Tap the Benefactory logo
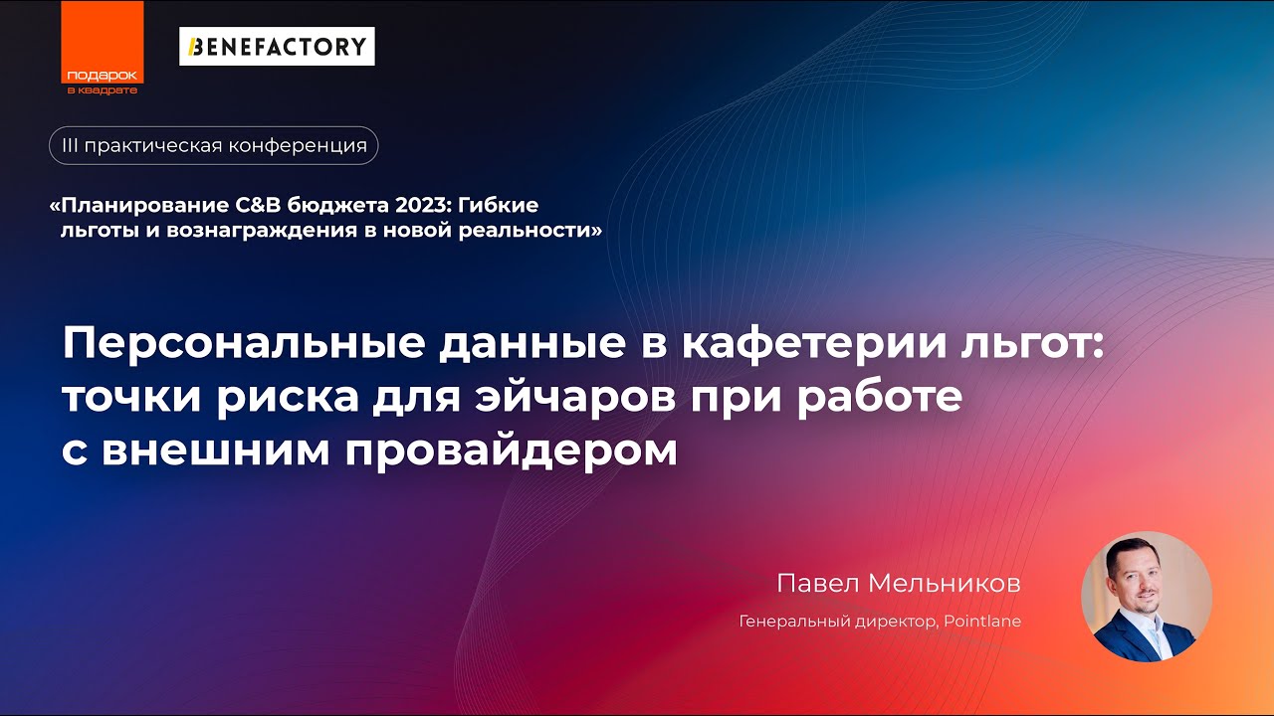coord(277,46)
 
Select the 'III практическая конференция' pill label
coord(214,146)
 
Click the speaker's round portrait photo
coord(1146,596)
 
